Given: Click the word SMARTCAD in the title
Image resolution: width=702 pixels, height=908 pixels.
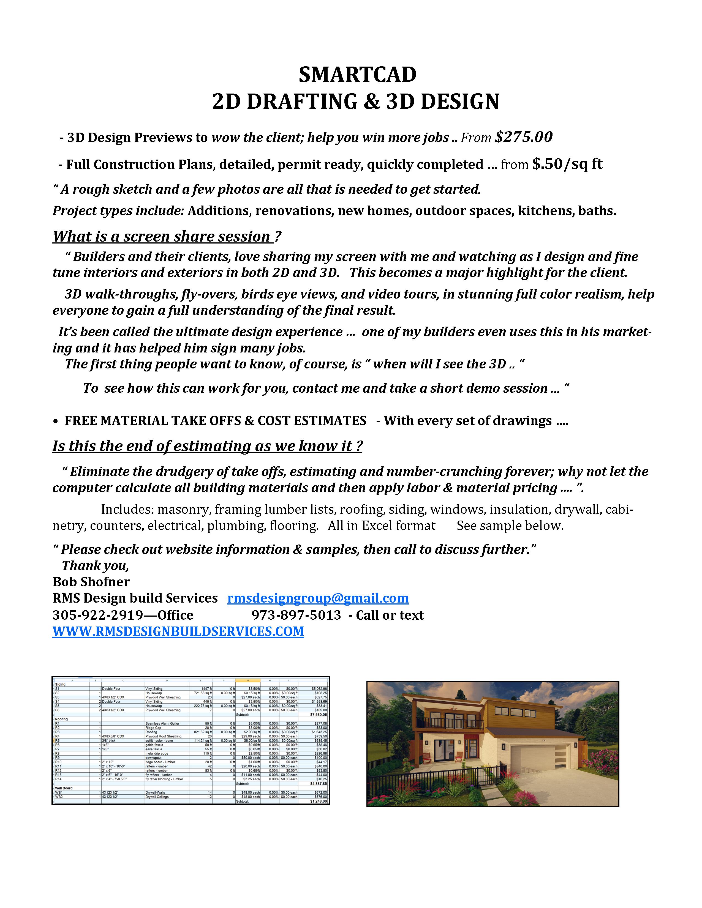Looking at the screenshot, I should coord(357,75).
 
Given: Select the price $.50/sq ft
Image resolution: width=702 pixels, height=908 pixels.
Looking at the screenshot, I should coord(567,164).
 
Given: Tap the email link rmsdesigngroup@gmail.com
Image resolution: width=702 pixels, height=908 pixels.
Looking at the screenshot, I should coord(318,598).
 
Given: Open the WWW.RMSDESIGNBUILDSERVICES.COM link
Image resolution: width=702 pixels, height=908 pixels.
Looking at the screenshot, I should coord(178,631).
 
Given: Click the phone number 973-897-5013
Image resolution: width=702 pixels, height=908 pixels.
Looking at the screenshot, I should coord(296,615).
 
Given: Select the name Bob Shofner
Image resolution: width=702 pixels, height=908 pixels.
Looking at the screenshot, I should coord(91,582).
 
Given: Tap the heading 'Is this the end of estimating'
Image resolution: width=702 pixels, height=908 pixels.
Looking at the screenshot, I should coord(207,446).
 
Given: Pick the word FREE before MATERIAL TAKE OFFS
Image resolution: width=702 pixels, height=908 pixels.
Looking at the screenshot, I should coord(81,421).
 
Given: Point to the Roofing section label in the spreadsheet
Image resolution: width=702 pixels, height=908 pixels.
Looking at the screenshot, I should coord(62,719).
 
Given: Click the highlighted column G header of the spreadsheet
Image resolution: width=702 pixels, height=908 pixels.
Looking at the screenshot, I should coord(248,680).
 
